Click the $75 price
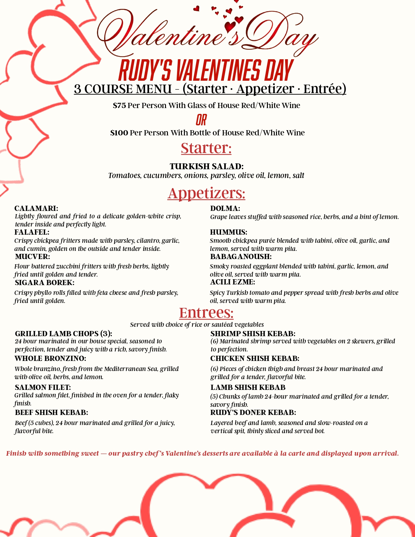coord(119,105)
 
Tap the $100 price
coord(119,133)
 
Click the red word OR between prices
coord(201,120)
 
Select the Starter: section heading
coord(206,148)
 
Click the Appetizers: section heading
coord(206,193)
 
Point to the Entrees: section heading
coord(206,312)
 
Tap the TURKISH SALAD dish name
coord(206,166)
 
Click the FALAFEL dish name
coord(32,232)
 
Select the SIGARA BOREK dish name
coord(45,282)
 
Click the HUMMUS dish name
coord(228,232)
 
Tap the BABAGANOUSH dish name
coord(241,256)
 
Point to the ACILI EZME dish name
coord(232,282)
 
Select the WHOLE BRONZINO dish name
coord(50,358)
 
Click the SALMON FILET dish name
coord(43,387)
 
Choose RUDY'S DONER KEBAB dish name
coord(253,412)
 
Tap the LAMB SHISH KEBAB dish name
coord(248,387)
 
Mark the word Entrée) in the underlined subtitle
coord(325,89)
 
